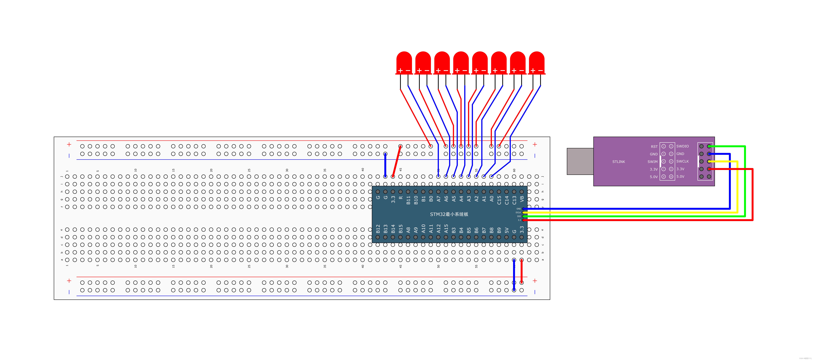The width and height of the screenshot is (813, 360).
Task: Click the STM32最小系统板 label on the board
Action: [x=449, y=214]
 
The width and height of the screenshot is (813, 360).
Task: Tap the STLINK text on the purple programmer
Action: [x=619, y=162]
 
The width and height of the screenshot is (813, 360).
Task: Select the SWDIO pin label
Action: [x=682, y=146]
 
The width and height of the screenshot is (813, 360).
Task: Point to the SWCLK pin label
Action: [x=682, y=161]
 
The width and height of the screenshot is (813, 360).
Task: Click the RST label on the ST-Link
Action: [x=654, y=146]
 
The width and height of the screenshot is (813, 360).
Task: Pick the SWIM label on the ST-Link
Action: [x=652, y=162]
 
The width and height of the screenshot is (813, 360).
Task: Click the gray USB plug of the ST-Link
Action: [x=580, y=161]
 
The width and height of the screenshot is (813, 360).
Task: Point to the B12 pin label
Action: [x=378, y=229]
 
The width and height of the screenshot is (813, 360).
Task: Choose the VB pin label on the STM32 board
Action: [x=522, y=199]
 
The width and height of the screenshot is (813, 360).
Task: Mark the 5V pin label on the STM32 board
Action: [x=507, y=230]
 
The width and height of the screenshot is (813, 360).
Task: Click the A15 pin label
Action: [x=446, y=229]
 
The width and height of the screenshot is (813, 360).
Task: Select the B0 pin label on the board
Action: [x=431, y=199]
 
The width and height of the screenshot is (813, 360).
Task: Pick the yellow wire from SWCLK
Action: [x=737, y=189]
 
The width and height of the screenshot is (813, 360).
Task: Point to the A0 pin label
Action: [x=491, y=199]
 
